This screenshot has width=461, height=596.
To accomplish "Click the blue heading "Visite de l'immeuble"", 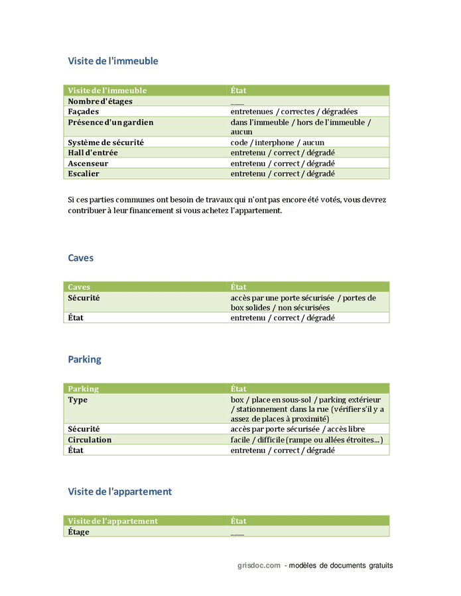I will (x=113, y=61).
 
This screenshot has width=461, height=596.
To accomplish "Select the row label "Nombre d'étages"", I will (x=100, y=101).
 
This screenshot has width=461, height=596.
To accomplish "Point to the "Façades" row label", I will (x=84, y=112).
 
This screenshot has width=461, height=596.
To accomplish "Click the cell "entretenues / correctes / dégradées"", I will (x=294, y=112).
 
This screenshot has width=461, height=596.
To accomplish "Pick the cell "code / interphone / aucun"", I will (x=277, y=142).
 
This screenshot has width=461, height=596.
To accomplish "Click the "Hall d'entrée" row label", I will (x=93, y=153).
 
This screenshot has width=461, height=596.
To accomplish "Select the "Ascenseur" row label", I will (x=88, y=164).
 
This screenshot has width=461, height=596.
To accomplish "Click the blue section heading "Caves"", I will (x=81, y=258).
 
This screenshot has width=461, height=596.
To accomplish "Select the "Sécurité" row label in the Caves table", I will (x=84, y=298).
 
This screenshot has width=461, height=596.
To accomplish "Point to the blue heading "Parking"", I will (x=84, y=360).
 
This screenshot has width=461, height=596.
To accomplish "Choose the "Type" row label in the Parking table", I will (x=78, y=400).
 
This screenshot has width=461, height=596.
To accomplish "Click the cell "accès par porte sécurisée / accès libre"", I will (x=297, y=429).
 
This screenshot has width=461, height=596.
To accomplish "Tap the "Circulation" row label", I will (x=90, y=440).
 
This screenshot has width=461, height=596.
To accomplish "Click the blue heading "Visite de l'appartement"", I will (x=119, y=491).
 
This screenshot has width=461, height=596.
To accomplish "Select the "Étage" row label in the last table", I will (x=78, y=532).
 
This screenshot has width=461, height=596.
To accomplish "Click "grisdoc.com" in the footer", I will (x=259, y=566).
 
